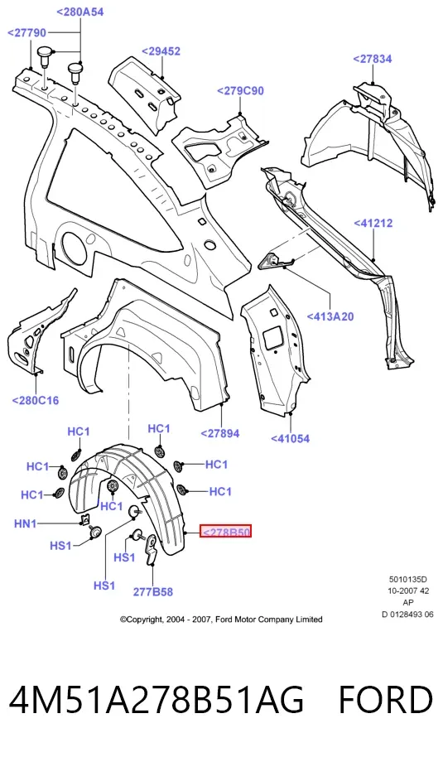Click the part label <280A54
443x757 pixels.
pos(80,12)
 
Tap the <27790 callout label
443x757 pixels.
pos(27,33)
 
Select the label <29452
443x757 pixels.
pos(161,51)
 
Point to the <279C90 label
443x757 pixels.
pos(240,91)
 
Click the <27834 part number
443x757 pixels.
pos(372,59)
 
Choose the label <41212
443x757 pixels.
pos(373,223)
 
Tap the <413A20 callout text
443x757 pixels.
pos(330,316)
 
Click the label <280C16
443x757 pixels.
pos(36,400)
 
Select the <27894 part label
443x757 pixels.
pos(220,433)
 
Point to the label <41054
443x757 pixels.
pos(290,438)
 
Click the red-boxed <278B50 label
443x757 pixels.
pos(226,532)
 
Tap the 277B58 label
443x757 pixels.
pos(153,591)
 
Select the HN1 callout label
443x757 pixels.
pos(26,523)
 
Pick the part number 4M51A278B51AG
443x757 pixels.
pos(156,700)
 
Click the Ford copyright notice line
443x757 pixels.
pos(221,619)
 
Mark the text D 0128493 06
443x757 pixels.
pos(407,614)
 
